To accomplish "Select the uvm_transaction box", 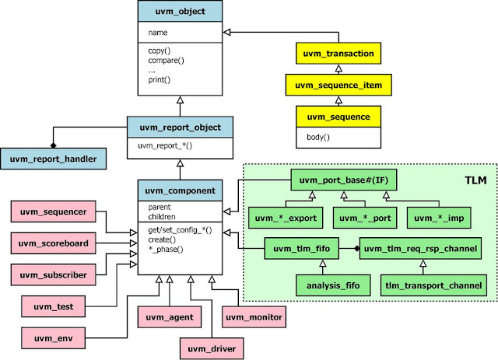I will (338, 54).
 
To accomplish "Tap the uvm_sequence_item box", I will (338, 85).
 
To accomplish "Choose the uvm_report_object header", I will (180, 127).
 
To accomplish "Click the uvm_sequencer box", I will (54, 211).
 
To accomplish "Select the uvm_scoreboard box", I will (54, 243).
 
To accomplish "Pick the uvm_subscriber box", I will (54, 274).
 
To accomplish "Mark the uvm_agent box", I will (167, 317).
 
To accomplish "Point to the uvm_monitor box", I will (254, 317).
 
